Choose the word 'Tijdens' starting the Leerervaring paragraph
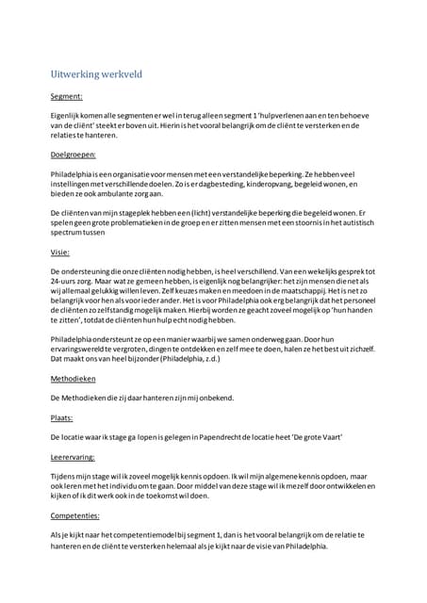(64, 478)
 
